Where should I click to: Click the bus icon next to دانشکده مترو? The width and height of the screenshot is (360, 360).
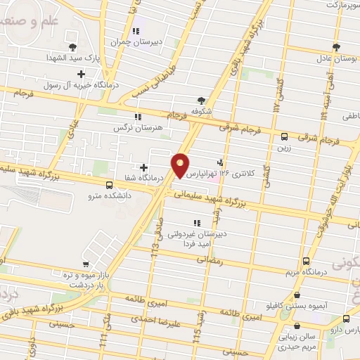(108, 185)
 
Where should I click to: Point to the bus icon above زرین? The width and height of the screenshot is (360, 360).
(284, 137)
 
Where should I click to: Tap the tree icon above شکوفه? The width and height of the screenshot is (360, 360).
(202, 101)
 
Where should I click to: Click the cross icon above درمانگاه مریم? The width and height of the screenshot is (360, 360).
(303, 260)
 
